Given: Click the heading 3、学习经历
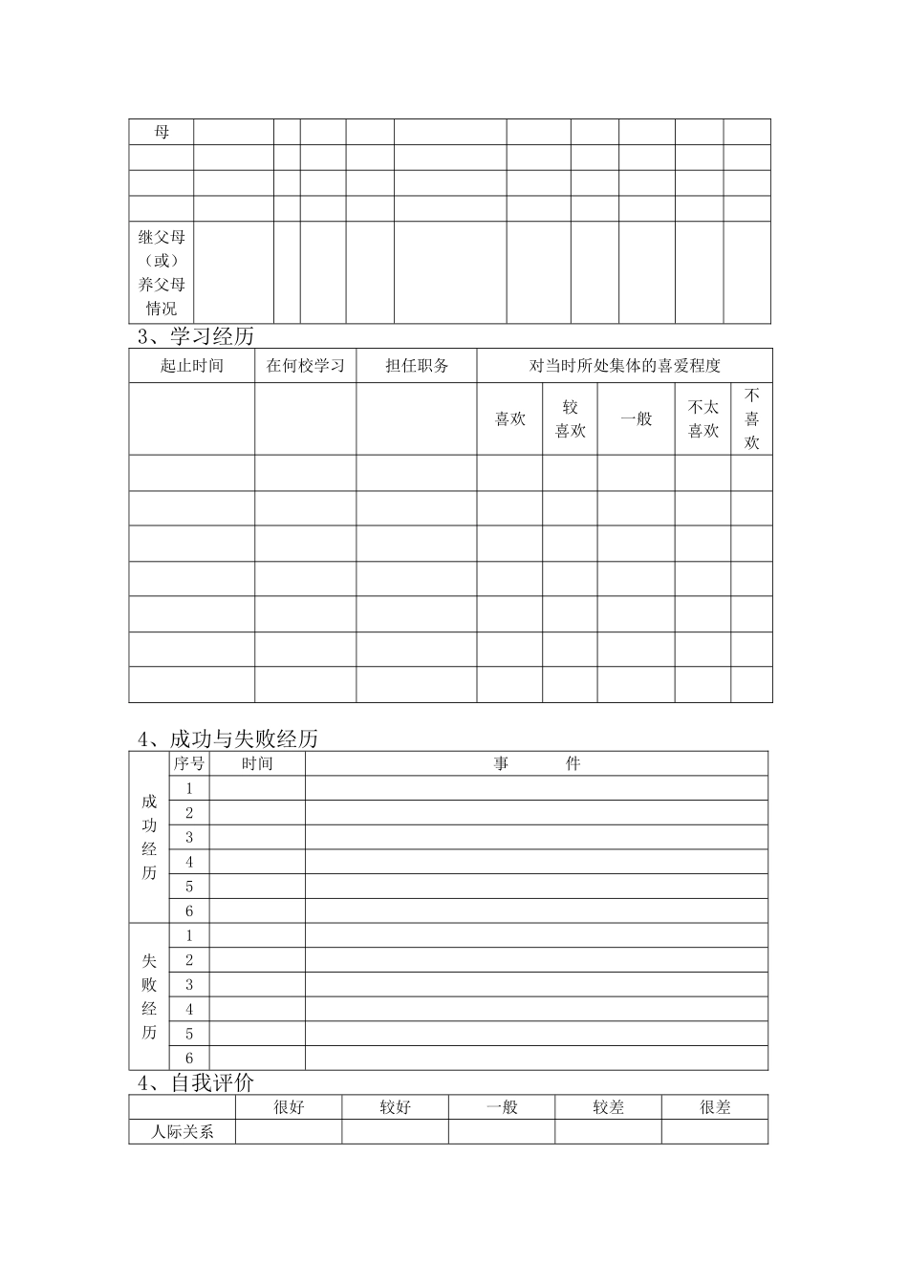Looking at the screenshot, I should coord(196,336).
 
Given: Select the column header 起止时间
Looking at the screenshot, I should coord(191,366).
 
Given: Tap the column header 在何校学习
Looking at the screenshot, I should coord(305,366).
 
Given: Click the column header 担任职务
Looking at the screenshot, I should coord(417,366).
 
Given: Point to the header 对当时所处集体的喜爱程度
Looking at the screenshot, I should coord(624,366).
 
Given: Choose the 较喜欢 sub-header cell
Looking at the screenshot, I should coord(571,419).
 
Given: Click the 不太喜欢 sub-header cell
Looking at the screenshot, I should coord(703,419).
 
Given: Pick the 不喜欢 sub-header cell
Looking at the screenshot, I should coord(752,419).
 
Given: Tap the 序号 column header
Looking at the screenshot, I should coord(189,763).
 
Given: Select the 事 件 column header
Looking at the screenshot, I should coord(536,763).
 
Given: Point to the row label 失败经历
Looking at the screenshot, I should coord(149,996).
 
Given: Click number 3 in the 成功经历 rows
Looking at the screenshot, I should coord(189,838).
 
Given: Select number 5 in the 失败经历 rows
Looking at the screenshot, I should coord(189,1034).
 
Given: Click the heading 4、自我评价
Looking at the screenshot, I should coord(196,1083).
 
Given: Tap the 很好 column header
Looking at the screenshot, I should coord(289,1107).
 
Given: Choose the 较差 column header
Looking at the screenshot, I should coord(608,1107).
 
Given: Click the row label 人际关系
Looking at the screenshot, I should coord(183,1132).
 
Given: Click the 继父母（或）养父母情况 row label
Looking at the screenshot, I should coord(162,272).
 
